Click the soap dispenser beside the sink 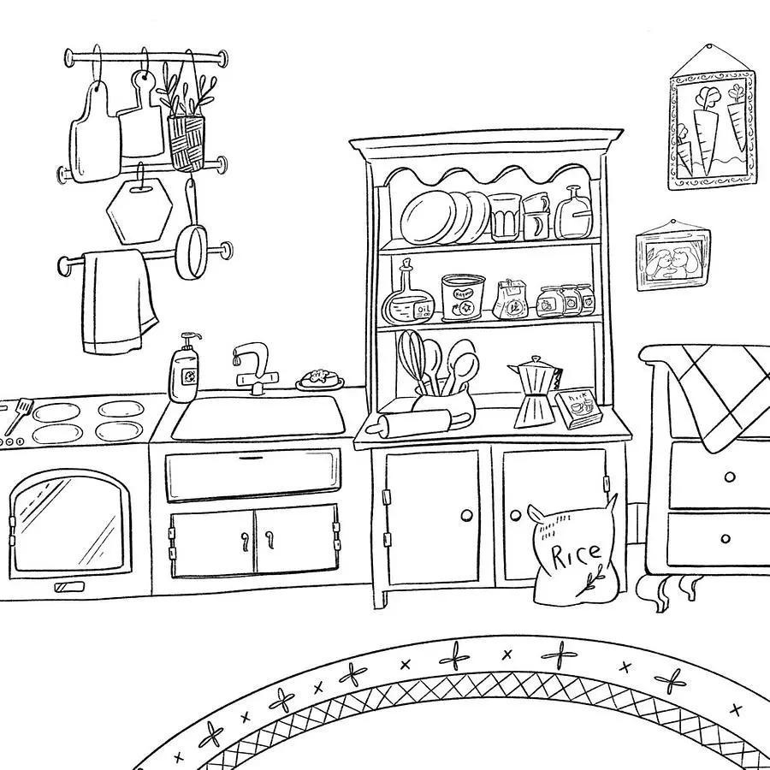(x=185, y=370)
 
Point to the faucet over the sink (x=253, y=364)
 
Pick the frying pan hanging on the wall (x=192, y=248)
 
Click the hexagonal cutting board (x=139, y=210)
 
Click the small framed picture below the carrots (x=675, y=258)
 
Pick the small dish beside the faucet (x=320, y=379)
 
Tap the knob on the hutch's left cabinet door (x=466, y=515)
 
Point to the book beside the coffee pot (x=577, y=409)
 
